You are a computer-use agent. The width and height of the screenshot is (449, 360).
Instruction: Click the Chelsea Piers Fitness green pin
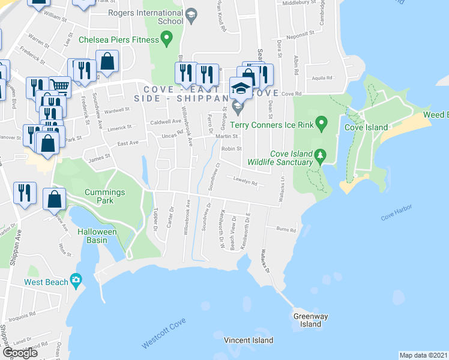167,40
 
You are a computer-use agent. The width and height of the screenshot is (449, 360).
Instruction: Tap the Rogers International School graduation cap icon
191,17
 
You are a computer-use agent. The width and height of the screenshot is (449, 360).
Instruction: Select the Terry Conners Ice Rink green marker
322,125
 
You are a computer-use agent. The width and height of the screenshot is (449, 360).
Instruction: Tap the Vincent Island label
248,340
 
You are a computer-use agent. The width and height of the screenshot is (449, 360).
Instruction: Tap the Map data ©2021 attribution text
423,355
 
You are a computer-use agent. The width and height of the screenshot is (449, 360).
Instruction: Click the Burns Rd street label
286,229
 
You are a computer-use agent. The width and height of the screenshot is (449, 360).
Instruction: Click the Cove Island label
366,127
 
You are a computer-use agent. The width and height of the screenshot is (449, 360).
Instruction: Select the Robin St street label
231,149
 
